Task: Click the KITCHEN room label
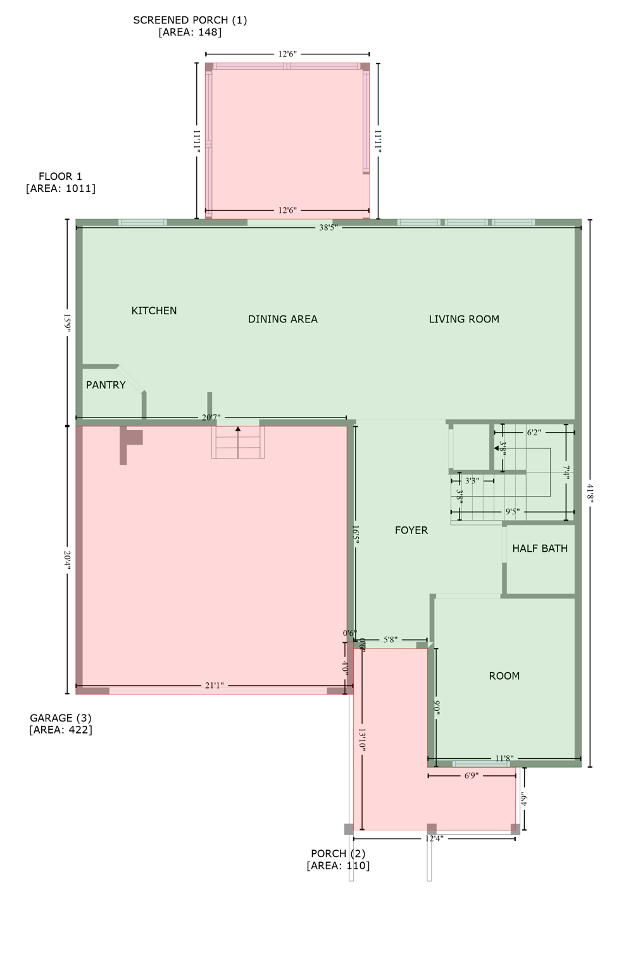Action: click(x=154, y=310)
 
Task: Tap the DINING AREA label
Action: click(x=282, y=319)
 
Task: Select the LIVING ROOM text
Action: click(x=464, y=319)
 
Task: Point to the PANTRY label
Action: click(x=106, y=385)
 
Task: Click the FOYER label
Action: click(x=411, y=530)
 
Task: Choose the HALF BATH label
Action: click(x=539, y=549)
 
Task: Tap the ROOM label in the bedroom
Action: click(x=504, y=676)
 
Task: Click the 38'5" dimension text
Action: click(x=328, y=227)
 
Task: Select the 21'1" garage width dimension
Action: click(x=214, y=685)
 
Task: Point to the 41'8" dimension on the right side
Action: click(x=590, y=493)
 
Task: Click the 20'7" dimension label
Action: click(x=211, y=417)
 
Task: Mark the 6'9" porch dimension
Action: click(x=471, y=775)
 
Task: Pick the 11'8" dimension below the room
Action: click(x=504, y=758)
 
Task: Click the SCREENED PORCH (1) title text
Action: click(x=190, y=20)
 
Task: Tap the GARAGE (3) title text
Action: click(x=61, y=718)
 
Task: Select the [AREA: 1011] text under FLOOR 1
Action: click(x=61, y=188)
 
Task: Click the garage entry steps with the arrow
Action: click(x=238, y=442)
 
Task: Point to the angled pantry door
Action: click(x=132, y=379)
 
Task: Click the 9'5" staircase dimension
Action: click(x=512, y=512)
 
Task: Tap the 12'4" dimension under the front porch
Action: click(x=434, y=839)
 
